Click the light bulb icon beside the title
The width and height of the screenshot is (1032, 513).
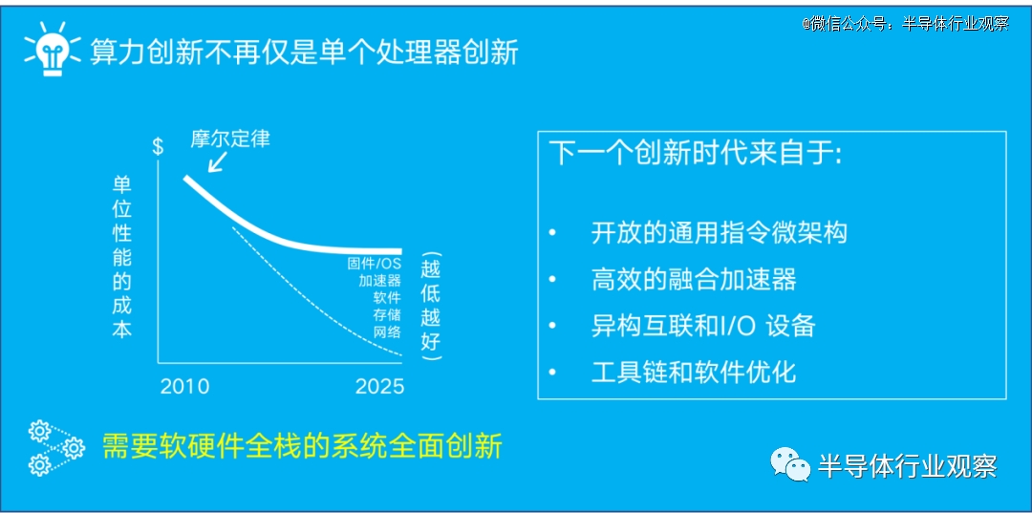[x=53, y=49]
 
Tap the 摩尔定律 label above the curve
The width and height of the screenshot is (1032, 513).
[x=230, y=139]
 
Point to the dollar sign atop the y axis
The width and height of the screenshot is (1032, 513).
[x=158, y=146]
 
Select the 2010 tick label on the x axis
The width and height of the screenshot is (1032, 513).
[x=185, y=386]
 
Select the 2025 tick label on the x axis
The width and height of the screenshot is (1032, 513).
[x=379, y=386]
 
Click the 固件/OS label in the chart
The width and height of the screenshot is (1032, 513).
[x=375, y=264]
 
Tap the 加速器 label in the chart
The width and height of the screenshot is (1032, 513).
[x=379, y=281]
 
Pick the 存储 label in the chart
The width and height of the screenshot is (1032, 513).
[x=387, y=315]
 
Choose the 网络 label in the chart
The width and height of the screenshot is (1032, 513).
[x=387, y=331]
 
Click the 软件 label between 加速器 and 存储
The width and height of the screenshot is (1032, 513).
[x=387, y=298]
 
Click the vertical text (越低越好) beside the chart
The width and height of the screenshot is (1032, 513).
[x=432, y=308]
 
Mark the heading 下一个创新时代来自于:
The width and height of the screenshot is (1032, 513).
[x=697, y=156]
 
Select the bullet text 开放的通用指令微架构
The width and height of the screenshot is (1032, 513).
[x=719, y=233]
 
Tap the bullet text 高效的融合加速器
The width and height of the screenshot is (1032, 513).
[x=694, y=280]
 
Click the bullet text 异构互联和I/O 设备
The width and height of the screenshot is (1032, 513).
[x=703, y=326]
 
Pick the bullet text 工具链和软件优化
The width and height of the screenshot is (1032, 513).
[x=694, y=373]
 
